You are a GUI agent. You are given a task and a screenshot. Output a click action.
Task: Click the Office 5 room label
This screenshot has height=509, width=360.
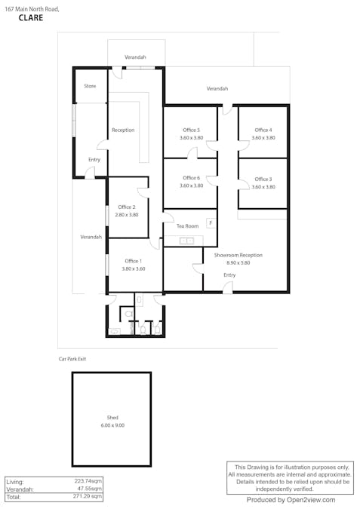pyautogui.click(x=190, y=130)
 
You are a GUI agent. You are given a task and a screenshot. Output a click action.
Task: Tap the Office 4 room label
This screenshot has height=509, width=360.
pyautogui.click(x=263, y=130)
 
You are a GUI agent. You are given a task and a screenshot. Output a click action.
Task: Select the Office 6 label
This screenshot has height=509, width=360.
pyautogui.click(x=191, y=178)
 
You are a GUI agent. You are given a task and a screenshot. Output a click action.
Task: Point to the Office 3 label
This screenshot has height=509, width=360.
pyautogui.click(x=263, y=179)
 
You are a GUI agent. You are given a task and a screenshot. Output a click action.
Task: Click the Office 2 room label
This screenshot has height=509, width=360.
pyautogui.click(x=127, y=207)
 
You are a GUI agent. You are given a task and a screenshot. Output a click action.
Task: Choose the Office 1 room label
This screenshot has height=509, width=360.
pyautogui.click(x=133, y=261)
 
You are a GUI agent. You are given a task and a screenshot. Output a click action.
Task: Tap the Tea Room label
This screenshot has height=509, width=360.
pyautogui.click(x=187, y=226)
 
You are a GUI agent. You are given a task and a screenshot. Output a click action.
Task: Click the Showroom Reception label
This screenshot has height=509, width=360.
pyautogui.click(x=238, y=256)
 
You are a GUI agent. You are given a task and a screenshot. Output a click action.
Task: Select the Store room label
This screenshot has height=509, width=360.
pyautogui.click(x=90, y=87)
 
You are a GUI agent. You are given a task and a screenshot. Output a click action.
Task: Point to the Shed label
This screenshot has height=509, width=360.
pyautogui.click(x=112, y=418)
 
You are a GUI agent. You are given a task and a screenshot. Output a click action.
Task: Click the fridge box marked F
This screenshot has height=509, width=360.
pyautogui.click(x=211, y=223)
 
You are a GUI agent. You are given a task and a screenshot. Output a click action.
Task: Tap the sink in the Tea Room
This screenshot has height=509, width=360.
pyautogui.click(x=186, y=241)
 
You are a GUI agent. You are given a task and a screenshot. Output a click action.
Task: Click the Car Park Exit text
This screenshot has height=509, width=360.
pyautogui.click(x=72, y=359)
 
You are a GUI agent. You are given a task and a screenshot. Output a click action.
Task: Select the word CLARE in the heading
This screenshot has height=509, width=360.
pyautogui.click(x=30, y=17)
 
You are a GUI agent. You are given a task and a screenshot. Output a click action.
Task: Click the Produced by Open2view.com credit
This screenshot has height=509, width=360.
pyautogui.click(x=291, y=500)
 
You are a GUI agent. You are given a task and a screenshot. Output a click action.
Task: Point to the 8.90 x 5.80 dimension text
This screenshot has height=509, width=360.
pyautogui.click(x=238, y=263)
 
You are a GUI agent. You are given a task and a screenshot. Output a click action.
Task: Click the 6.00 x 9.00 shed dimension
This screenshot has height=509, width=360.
pyautogui.click(x=112, y=425)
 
